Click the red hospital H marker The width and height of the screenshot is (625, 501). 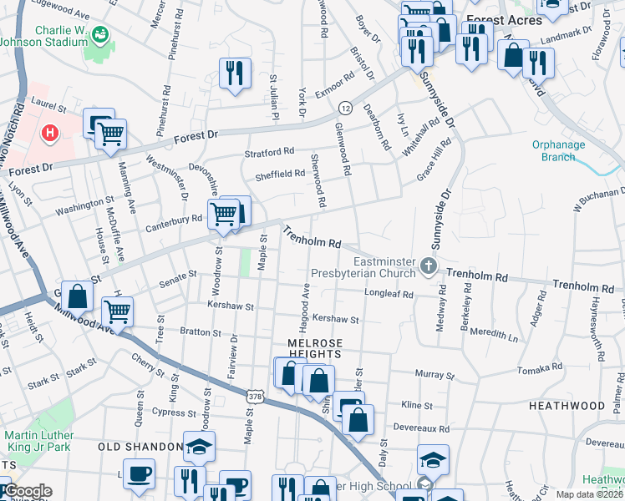click(x=50, y=132)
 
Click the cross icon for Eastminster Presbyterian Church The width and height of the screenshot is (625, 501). click(x=429, y=267)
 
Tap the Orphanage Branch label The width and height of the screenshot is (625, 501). click(x=558, y=150)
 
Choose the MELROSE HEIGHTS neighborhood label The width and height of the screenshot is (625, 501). click(x=317, y=349)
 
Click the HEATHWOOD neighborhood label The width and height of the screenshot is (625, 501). click(x=567, y=405)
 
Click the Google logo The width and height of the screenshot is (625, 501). click(x=27, y=491)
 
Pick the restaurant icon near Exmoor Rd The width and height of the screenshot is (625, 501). click(x=235, y=73)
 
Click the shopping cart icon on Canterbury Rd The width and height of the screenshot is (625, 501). click(x=223, y=214)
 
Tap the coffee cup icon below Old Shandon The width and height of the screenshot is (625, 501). click(x=139, y=474)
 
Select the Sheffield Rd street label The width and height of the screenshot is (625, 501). click(x=280, y=174)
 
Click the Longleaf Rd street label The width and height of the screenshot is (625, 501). click(x=389, y=294)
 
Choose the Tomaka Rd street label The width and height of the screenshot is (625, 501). click(x=539, y=367)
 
